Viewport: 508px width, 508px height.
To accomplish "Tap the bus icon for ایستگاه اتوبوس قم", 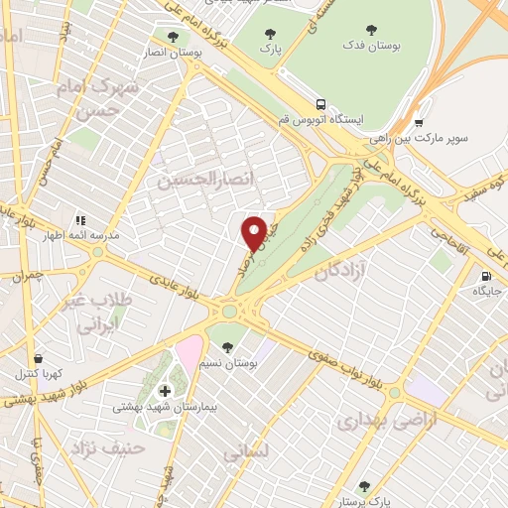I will (320, 103).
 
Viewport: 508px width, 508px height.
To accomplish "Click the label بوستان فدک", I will (371, 46).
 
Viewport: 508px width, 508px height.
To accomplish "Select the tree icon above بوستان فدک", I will (371, 30).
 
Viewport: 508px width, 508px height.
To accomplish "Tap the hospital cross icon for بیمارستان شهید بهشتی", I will (165, 391).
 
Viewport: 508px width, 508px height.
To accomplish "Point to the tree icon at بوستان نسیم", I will (229, 347).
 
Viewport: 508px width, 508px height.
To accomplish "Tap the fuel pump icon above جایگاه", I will (485, 276).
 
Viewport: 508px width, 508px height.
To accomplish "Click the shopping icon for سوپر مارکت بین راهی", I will (420, 123).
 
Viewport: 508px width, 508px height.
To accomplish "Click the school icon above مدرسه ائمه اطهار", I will (80, 220).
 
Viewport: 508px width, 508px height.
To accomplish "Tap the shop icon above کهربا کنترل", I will (38, 358).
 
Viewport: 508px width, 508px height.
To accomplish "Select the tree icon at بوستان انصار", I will (174, 37).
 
